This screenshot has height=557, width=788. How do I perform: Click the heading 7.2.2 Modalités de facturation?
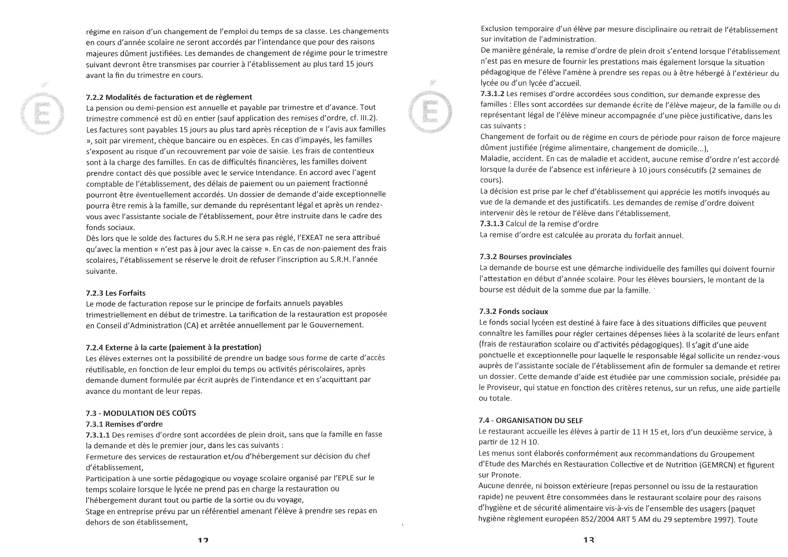coord(169,97)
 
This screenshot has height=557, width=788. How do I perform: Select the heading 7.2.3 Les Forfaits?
coord(115,293)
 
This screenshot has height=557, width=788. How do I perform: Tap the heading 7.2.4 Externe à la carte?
coord(173,347)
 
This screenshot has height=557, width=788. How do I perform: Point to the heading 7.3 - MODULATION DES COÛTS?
coord(141,413)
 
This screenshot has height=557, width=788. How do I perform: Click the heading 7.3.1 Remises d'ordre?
coord(124,424)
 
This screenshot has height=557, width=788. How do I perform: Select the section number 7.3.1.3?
coord(492,224)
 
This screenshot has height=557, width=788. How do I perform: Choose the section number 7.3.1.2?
coord(492,95)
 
